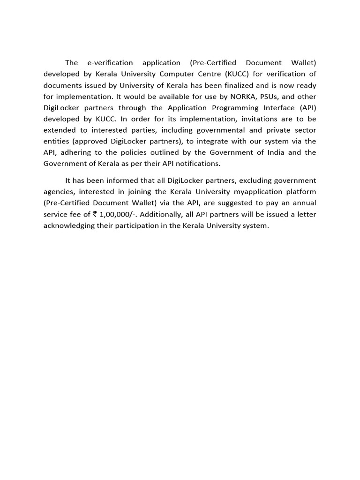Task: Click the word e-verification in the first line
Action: pos(110,63)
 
